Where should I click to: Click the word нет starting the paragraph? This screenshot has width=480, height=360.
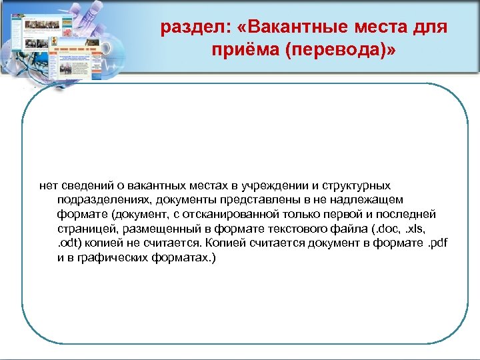pos(48,185)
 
